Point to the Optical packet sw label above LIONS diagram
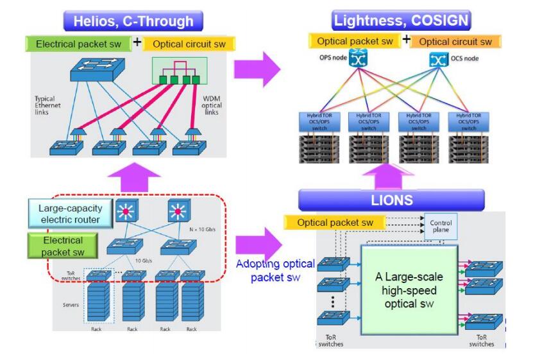334,222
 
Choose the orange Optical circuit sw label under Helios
190,44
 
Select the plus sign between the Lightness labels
405,40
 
